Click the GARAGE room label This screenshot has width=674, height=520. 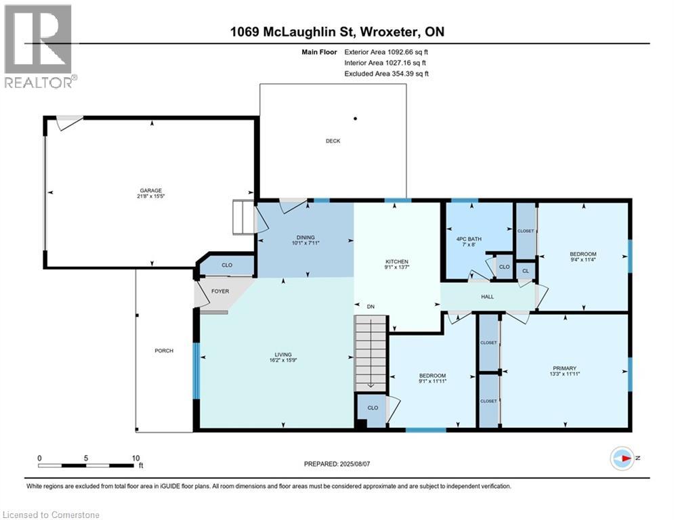[x=151, y=190]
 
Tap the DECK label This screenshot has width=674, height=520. [x=333, y=141]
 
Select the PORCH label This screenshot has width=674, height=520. [x=164, y=351]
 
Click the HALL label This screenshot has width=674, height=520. [x=487, y=297]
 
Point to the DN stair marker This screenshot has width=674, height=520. [x=370, y=307]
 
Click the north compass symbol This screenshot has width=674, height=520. [x=621, y=458]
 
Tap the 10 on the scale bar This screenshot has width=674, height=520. [x=135, y=457]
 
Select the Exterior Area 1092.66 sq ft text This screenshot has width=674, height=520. [x=386, y=51]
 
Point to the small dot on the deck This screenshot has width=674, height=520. [x=356, y=118]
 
